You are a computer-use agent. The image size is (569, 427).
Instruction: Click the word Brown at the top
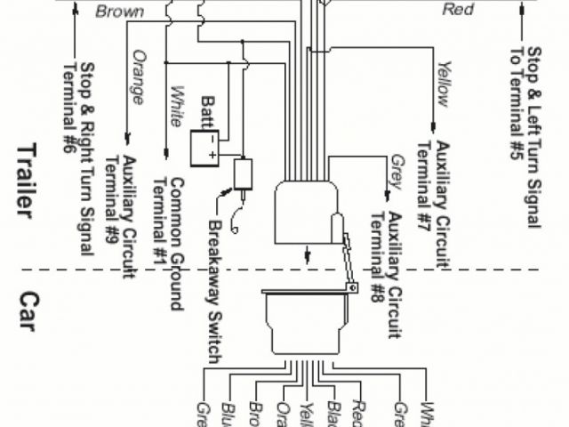[x=119, y=12]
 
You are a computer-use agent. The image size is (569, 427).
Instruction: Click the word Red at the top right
[x=459, y=10]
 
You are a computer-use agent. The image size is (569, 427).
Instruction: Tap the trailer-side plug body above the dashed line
[x=306, y=212]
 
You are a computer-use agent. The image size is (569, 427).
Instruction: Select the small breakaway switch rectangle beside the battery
[x=241, y=173]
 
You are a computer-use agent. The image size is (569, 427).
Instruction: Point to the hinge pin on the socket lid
[x=353, y=288]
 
